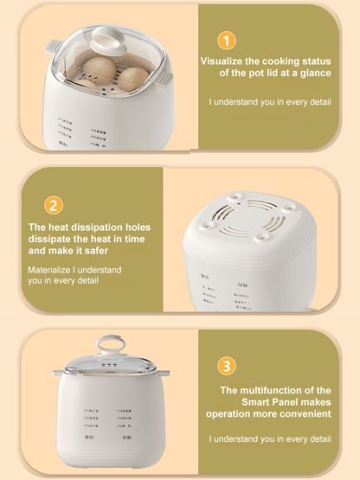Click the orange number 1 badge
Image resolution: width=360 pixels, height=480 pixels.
(x=226, y=41)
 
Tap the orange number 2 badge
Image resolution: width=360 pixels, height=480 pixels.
(x=54, y=205)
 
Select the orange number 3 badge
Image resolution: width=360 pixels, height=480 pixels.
(x=226, y=366)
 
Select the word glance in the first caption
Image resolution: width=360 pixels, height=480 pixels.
(x=313, y=74)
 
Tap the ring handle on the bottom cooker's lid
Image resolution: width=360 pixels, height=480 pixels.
(x=109, y=344)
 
